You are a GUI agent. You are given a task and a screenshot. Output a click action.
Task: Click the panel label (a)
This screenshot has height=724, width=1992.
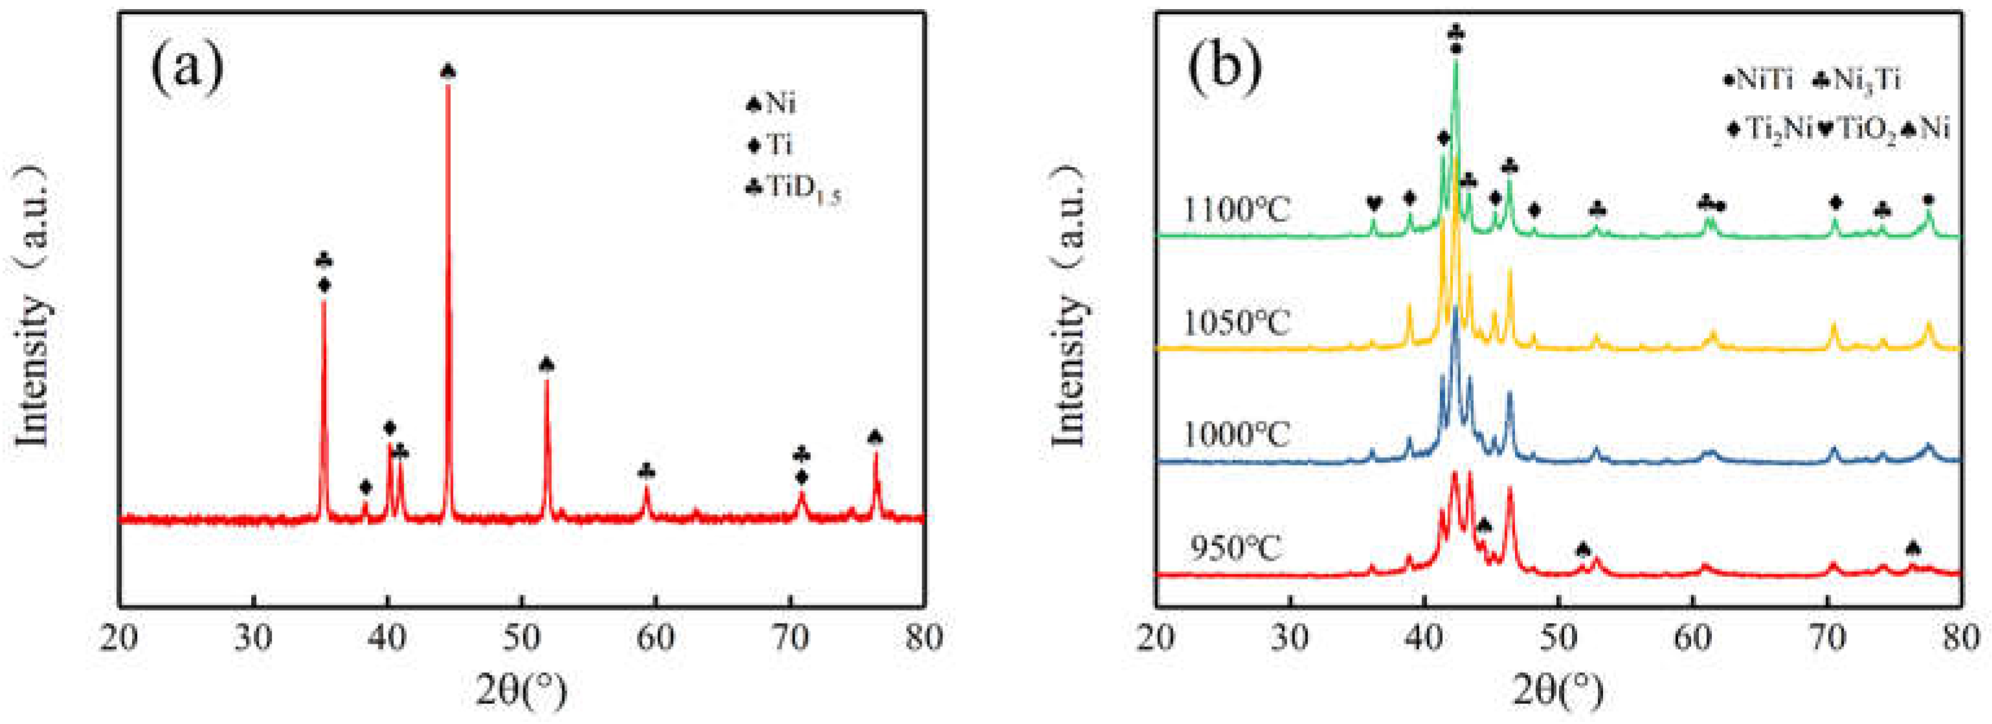click(x=188, y=68)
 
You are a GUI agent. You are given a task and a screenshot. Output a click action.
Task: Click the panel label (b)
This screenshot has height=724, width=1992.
click(x=1226, y=68)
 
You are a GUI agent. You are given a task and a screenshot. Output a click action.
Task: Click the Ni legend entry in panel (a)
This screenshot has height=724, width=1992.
click(x=770, y=103)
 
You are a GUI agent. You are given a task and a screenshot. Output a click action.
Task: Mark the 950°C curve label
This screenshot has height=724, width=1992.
click(x=1235, y=548)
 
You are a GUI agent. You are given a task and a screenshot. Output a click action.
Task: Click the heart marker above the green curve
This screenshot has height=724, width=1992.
click(x=1373, y=204)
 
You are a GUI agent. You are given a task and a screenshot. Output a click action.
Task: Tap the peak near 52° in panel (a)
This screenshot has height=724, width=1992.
click(x=547, y=381)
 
